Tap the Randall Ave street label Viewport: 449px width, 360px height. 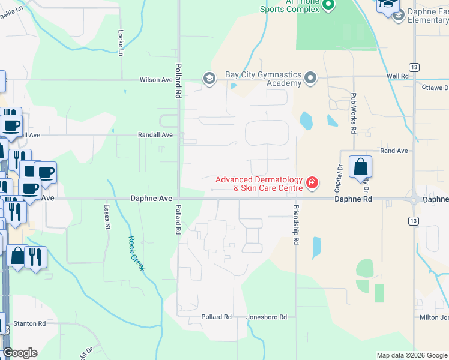coord(155,135)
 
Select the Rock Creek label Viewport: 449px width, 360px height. coord(136,253)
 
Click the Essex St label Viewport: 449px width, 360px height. coord(109,218)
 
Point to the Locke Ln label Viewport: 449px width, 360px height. coord(121,43)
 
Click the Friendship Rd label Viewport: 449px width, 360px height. coord(296,225)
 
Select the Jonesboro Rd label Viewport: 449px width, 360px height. coord(267,317)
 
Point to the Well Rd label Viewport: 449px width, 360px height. coord(397,76)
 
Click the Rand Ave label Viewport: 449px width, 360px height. coord(394,151)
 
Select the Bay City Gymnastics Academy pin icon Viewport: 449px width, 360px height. coord(310,77)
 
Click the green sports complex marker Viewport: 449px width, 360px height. coord(328,5)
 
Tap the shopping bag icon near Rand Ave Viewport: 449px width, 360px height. coord(360,167)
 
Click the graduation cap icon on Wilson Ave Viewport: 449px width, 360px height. coord(209,78)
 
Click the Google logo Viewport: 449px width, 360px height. coord(20,353)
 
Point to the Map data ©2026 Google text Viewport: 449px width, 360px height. coord(412,355)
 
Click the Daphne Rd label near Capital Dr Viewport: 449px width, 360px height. coord(353,199)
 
